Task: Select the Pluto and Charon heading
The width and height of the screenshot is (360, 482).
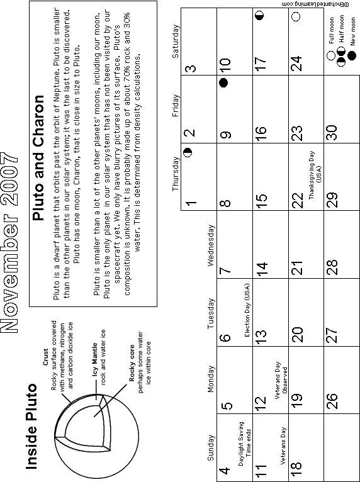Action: pyautogui.click(x=38, y=157)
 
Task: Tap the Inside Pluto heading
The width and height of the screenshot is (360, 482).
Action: pyautogui.click(x=31, y=427)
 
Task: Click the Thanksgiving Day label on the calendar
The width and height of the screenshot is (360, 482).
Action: pyautogui.click(x=315, y=174)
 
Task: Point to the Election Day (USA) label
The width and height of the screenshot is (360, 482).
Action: pyautogui.click(x=247, y=310)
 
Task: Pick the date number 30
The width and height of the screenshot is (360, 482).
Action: pyautogui.click(x=332, y=133)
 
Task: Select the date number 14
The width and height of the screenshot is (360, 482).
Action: pyautogui.click(x=261, y=269)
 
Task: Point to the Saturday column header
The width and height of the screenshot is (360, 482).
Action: pyautogui.click(x=175, y=41)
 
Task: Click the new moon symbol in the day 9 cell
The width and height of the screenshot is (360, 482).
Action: pyautogui.click(x=223, y=82)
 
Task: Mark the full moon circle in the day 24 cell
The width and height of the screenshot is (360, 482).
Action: pyautogui.click(x=295, y=16)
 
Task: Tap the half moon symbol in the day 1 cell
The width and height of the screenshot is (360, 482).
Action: pyautogui.click(x=187, y=152)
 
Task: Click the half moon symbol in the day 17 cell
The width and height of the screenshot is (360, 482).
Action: pyautogui.click(x=260, y=15)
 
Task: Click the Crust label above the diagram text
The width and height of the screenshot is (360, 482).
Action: pyautogui.click(x=45, y=357)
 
